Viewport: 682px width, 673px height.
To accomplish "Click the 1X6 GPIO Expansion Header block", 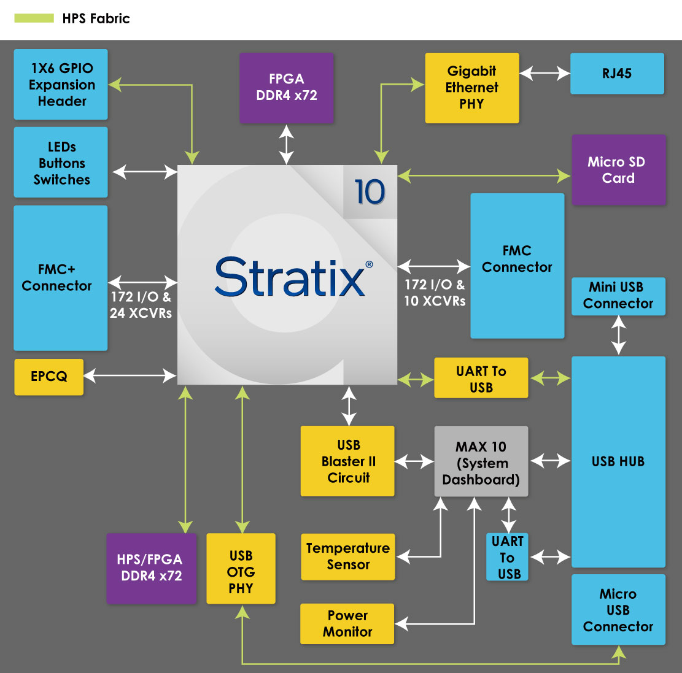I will [61, 85].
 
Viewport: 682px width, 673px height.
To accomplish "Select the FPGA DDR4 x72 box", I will [287, 87].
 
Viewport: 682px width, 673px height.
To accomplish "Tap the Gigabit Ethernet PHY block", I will [471, 88].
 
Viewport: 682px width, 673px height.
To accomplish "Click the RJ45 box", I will [617, 74].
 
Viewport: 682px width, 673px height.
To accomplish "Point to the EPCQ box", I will [48, 377].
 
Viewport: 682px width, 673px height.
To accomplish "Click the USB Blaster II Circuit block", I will [347, 461].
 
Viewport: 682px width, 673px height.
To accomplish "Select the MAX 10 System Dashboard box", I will [481, 461].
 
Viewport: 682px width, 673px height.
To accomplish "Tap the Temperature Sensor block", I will [347, 556].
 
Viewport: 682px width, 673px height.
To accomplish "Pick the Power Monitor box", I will [347, 623].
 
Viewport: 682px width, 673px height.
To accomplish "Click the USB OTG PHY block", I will [241, 572].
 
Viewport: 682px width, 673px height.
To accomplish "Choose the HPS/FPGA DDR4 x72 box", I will [151, 568].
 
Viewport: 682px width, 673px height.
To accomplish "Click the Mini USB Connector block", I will [618, 296].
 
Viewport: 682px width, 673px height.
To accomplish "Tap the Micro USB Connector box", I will [618, 610].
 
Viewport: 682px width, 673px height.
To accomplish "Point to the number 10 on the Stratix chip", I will [370, 192].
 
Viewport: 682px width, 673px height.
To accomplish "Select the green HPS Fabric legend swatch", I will [34, 18].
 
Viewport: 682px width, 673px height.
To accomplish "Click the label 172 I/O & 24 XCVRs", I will [141, 305].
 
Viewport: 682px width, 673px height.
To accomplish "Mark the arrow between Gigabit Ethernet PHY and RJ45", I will [544, 74].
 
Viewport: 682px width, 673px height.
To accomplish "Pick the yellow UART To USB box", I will [481, 379].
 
